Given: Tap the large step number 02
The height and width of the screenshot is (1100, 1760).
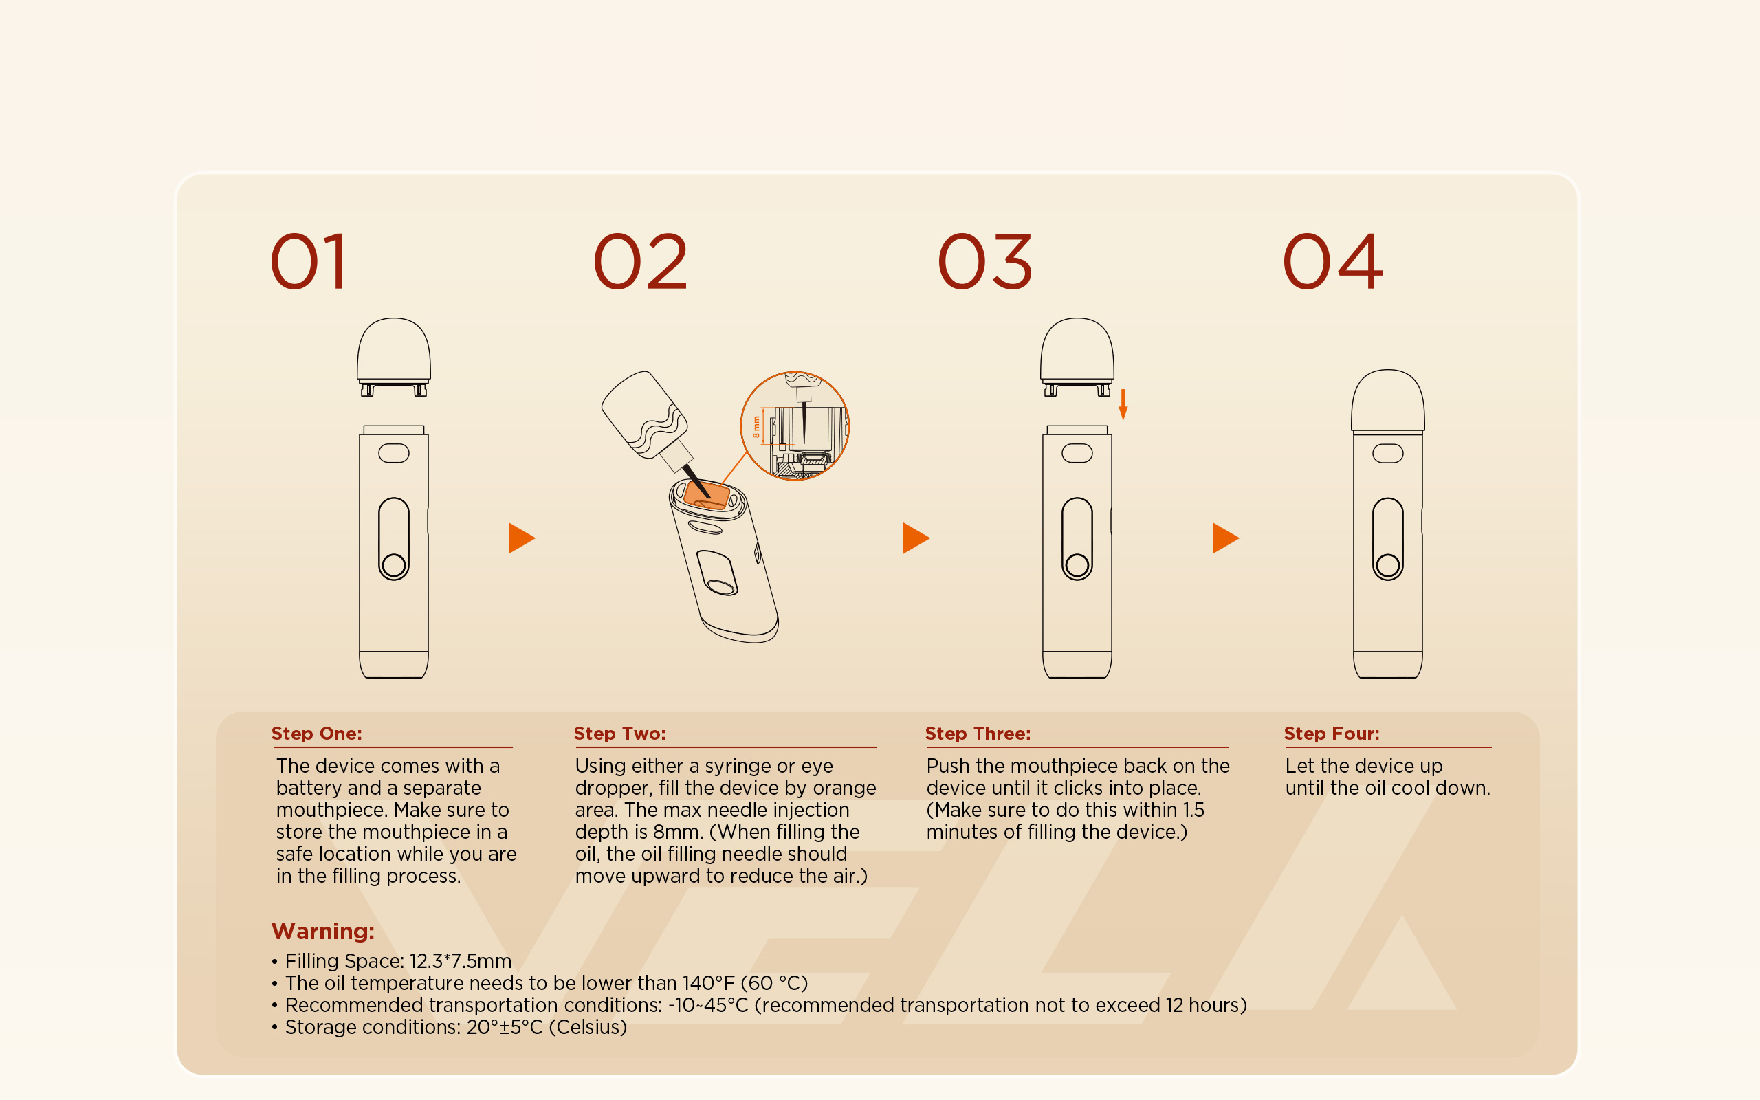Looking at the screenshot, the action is tap(640, 261).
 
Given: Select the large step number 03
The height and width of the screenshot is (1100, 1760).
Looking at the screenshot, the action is tap(984, 261).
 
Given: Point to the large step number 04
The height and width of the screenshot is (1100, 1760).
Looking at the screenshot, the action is tap(1332, 261).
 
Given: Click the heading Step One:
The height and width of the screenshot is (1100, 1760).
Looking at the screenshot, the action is tap(316, 734).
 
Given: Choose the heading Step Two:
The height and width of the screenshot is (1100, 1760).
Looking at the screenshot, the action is tap(619, 734).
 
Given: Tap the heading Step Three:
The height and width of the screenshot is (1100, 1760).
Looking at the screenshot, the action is tap(978, 734).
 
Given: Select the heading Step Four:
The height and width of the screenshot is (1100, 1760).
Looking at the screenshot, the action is tap(1331, 734).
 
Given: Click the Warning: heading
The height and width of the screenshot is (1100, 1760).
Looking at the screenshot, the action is tap(323, 931).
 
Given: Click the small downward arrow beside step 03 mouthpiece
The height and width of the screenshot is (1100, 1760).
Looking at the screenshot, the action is tap(1123, 404).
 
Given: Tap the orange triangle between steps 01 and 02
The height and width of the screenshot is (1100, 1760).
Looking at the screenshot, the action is tap(521, 538).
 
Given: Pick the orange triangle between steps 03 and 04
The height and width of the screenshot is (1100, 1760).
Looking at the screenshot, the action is tap(1225, 538).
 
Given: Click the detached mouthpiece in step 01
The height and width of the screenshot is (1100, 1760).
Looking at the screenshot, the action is tap(393, 357).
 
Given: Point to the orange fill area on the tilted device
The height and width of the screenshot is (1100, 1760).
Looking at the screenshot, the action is tap(706, 496).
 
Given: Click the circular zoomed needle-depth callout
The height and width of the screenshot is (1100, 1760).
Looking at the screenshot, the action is tap(795, 426).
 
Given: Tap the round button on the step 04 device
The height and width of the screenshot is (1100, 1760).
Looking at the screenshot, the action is tap(1387, 565).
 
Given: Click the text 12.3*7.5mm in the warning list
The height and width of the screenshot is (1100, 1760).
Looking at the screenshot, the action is tap(461, 961).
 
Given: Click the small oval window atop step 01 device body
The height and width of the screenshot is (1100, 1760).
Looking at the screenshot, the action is tap(393, 453).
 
